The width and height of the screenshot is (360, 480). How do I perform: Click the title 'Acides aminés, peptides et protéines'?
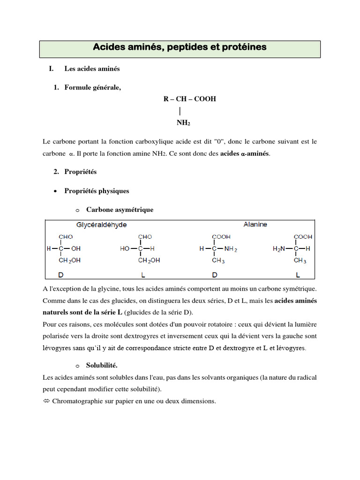(x=180, y=47)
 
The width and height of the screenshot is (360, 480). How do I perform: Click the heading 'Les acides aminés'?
(x=92, y=69)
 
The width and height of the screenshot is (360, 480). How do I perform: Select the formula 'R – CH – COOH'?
(x=189, y=99)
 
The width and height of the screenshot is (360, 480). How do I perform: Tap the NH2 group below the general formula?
(x=183, y=123)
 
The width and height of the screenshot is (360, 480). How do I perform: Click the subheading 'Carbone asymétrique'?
(x=120, y=210)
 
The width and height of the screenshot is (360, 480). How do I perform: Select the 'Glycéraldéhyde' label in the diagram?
(x=102, y=225)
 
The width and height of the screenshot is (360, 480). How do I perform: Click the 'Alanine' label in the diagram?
(x=255, y=225)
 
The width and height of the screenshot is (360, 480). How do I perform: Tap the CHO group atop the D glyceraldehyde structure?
(x=66, y=237)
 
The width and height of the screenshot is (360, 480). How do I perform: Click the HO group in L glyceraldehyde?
(x=125, y=249)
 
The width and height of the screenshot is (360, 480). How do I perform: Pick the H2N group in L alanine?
(x=279, y=249)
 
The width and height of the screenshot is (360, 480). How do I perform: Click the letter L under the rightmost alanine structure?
(x=298, y=274)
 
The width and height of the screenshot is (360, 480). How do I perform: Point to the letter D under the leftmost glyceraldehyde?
(x=60, y=274)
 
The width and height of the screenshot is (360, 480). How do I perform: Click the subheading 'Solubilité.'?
(x=102, y=365)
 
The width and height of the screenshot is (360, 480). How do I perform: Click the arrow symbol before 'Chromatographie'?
(x=46, y=401)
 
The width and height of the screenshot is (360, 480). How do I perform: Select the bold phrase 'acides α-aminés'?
(x=245, y=154)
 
